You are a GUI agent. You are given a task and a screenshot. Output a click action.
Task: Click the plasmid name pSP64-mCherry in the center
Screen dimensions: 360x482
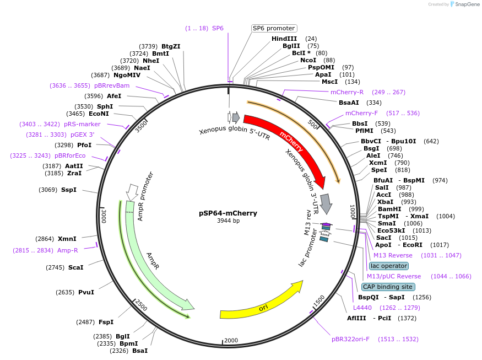[x=228, y=213]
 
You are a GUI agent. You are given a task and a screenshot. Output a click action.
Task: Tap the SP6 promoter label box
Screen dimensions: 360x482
[x=274, y=28]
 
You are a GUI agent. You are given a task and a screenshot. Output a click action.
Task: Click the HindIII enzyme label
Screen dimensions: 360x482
[x=284, y=39]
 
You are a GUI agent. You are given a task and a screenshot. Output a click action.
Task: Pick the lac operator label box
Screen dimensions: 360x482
[x=389, y=266]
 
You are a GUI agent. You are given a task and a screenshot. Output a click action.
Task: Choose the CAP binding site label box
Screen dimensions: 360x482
[x=388, y=287]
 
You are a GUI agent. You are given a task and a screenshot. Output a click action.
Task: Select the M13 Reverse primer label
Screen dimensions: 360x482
[x=393, y=255]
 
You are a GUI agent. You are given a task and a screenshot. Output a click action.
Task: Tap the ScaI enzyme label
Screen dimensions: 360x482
[x=76, y=267]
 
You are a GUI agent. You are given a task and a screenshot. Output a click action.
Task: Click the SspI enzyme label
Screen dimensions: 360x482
[x=69, y=190]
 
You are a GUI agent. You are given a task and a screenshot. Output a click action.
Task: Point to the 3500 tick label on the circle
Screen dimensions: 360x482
[x=142, y=126]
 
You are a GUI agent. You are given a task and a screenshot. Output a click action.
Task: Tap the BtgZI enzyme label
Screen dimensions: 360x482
[x=171, y=46]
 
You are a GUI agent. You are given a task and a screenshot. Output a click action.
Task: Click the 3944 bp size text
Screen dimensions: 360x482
[x=228, y=221]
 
